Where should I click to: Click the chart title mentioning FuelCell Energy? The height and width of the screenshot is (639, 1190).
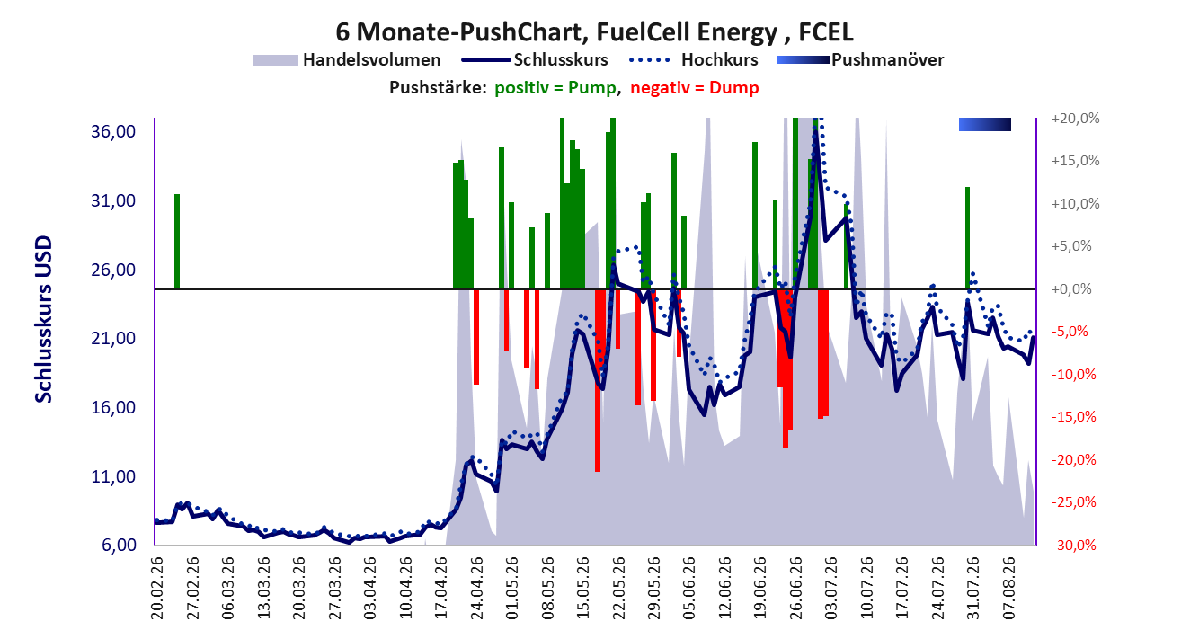pos(594,31)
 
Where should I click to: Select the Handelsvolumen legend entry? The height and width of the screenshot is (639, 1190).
pos(346,59)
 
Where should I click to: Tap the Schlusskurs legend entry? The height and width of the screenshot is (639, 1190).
pos(535,59)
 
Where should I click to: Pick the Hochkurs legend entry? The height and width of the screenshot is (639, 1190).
pos(693,59)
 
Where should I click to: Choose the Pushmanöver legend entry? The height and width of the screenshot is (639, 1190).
pos(860,59)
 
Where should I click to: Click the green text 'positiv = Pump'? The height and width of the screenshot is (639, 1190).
pos(555,87)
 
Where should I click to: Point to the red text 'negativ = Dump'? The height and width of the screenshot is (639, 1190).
pos(695,87)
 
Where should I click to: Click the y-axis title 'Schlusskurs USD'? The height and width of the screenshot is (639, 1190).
pos(43,319)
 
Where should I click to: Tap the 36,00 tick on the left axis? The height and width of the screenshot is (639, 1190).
pos(113,131)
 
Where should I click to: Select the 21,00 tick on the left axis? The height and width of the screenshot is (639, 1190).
pos(113,338)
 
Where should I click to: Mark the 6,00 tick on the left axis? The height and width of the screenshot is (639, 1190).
pos(119,545)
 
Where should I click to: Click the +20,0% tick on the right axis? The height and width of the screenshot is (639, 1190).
pos(1075,118)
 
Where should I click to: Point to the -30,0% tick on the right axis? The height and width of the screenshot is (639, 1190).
pos(1074,545)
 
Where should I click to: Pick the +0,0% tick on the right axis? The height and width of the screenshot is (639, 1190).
pos(1071,289)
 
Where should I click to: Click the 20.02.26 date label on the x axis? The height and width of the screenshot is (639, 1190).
pos(157,588)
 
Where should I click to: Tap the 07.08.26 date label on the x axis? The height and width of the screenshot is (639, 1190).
pos(1008,588)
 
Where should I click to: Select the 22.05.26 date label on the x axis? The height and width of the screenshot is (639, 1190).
pos(618,588)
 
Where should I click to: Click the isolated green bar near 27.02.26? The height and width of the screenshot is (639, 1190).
pos(177,241)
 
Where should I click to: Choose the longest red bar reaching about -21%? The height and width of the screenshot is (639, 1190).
pos(598,380)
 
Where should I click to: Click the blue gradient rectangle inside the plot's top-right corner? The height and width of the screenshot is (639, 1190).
pos(985,124)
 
